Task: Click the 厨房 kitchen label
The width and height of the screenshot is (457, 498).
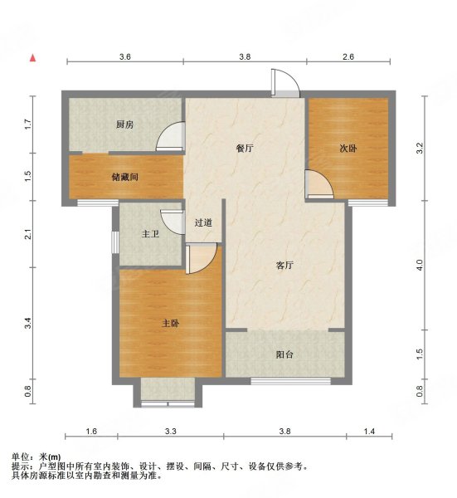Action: [x=124, y=125]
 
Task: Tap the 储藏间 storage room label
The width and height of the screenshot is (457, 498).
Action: [x=124, y=176]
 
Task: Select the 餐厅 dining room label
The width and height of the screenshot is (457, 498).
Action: [x=244, y=149]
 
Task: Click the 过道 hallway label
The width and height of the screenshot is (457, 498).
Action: [x=204, y=222]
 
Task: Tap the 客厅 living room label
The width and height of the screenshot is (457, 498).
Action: [x=285, y=266]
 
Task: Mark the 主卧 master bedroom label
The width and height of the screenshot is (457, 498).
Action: [x=170, y=322]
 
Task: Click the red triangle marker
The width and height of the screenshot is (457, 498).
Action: [x=32, y=58]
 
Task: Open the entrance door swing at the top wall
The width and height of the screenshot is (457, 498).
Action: [x=284, y=83]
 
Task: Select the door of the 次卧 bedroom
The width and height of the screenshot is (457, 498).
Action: [x=318, y=184]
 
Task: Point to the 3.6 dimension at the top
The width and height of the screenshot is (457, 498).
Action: [x=125, y=56]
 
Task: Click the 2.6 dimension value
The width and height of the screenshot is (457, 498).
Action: [x=348, y=56]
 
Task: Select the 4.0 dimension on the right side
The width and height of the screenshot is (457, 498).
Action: [x=420, y=265]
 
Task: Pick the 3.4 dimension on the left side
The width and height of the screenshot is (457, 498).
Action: [x=28, y=322]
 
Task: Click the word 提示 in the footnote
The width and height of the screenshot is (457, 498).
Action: [x=22, y=467]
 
